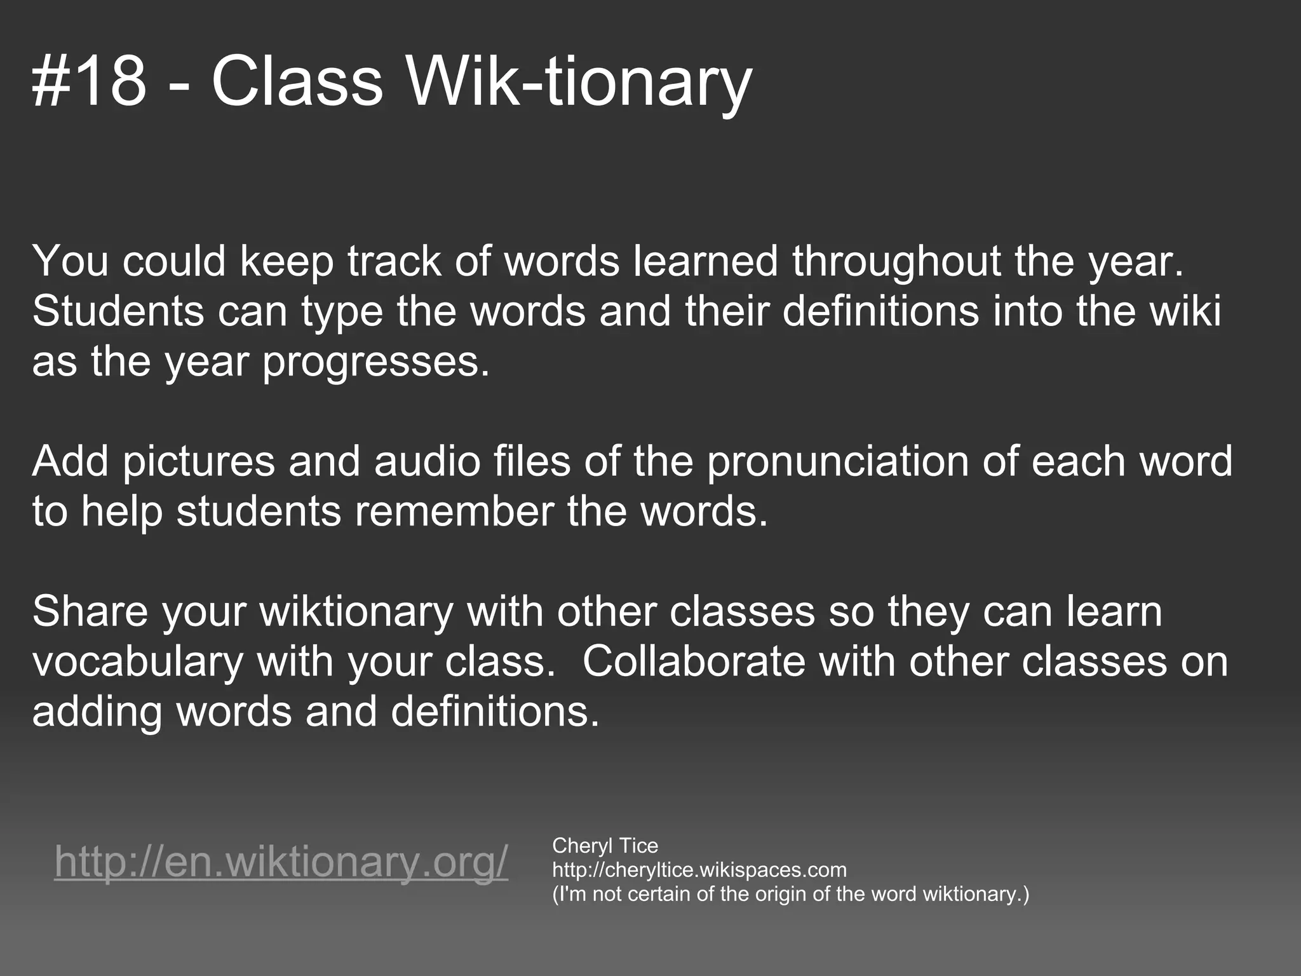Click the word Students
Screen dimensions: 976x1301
[118, 311]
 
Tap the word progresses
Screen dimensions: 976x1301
[376, 362]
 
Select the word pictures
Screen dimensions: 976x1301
[198, 461]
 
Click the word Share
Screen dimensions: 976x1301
[90, 611]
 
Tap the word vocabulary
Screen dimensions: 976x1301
[138, 661]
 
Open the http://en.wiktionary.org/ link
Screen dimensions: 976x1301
[281, 862]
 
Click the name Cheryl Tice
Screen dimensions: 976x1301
[605, 846]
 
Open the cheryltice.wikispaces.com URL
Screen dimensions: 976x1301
[699, 870]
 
